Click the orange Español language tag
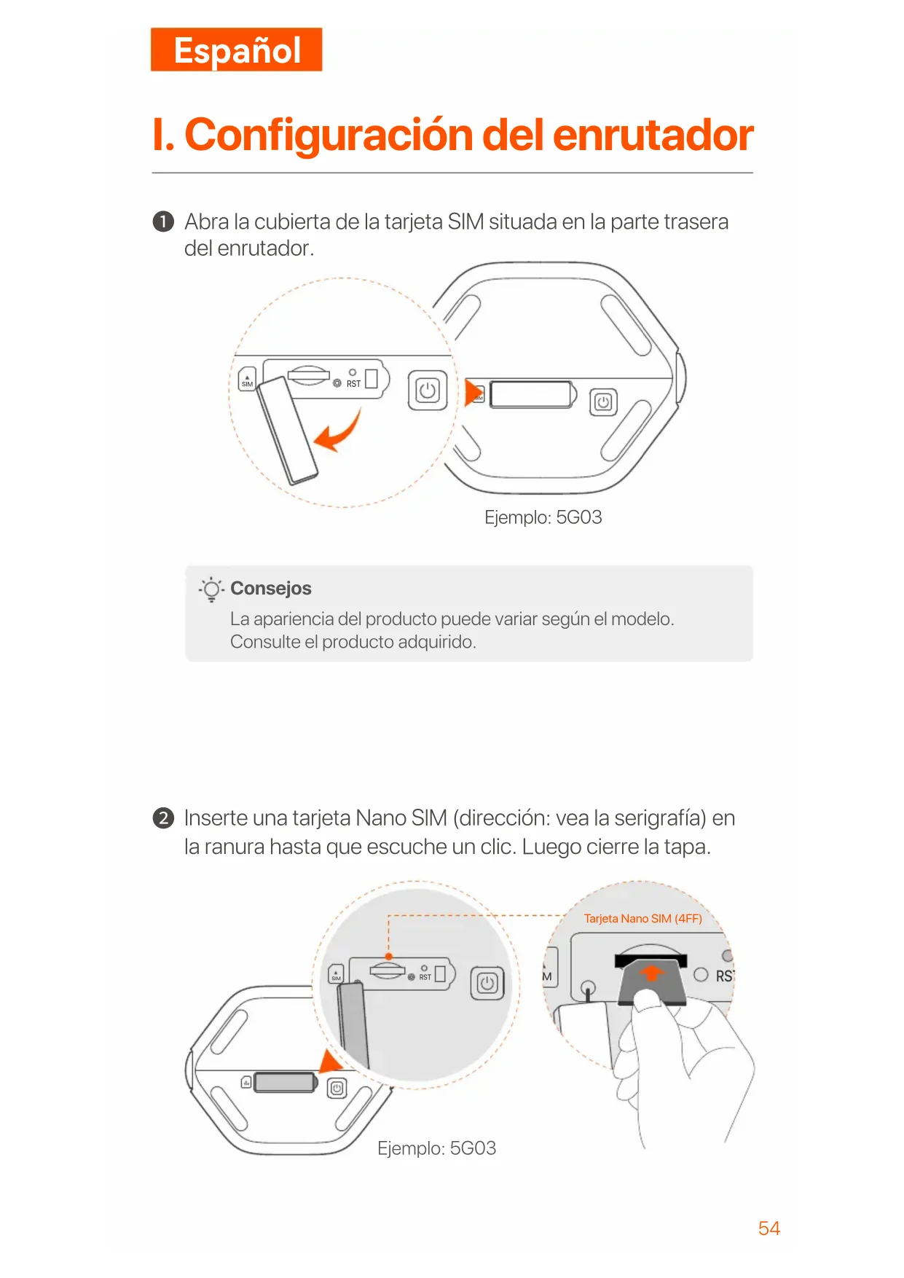(237, 50)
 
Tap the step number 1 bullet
(163, 222)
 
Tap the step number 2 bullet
(163, 818)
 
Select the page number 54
(769, 1228)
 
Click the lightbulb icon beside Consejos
(211, 589)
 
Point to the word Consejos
(271, 588)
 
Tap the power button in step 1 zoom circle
(428, 391)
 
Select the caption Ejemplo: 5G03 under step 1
(543, 517)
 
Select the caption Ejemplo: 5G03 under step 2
(437, 1148)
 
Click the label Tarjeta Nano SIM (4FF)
(643, 919)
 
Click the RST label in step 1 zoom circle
(353, 384)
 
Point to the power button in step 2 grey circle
(487, 984)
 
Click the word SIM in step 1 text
(465, 222)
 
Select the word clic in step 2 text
(497, 847)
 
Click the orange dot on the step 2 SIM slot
(389, 957)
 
